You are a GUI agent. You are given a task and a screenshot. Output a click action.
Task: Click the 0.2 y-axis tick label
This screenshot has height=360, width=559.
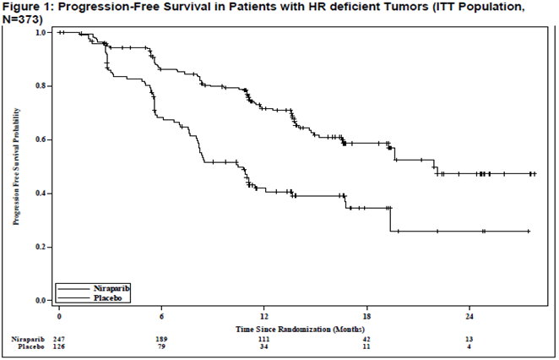coord(41,247)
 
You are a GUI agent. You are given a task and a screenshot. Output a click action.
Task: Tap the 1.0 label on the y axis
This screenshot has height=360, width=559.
coord(41,32)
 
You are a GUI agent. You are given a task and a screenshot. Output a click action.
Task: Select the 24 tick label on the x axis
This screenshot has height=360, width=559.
coord(469,316)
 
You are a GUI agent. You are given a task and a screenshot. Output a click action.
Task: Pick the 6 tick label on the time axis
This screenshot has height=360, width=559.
coord(161,316)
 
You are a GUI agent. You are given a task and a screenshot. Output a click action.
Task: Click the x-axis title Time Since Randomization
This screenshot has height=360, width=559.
coord(300,329)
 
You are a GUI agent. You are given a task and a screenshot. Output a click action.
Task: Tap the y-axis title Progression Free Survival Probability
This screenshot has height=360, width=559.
coord(16,166)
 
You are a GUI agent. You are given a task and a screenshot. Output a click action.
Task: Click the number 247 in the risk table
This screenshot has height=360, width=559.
coord(59,339)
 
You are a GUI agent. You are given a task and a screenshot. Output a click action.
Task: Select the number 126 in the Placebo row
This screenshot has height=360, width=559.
coord(59,346)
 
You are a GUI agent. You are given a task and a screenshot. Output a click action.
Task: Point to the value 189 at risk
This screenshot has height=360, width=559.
coord(161,339)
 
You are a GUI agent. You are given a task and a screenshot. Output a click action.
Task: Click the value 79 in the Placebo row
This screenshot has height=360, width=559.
coord(161,346)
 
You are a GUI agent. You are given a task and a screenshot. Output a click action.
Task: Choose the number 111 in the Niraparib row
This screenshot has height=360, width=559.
coord(264,339)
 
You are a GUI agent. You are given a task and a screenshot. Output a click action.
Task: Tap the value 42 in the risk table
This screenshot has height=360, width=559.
coord(366,339)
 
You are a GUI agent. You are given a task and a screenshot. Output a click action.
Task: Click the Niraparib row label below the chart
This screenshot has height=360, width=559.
coord(28,339)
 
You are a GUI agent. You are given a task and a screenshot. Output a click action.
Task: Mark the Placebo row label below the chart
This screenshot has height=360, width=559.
coord(31,346)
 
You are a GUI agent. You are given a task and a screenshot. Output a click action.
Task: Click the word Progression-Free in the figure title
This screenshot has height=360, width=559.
coord(95,8)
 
